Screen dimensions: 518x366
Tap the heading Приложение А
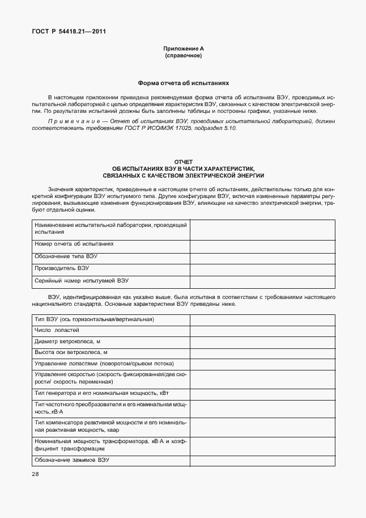pos(182,49)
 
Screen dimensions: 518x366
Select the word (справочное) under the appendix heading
pos(182,56)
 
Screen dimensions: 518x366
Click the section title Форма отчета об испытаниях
pos(182,83)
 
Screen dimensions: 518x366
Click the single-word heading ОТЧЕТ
pos(183,162)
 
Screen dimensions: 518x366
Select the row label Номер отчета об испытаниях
pos(74,244)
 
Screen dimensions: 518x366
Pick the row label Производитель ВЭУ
pos(61,268)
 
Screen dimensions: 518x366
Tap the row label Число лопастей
pos(57,330)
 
